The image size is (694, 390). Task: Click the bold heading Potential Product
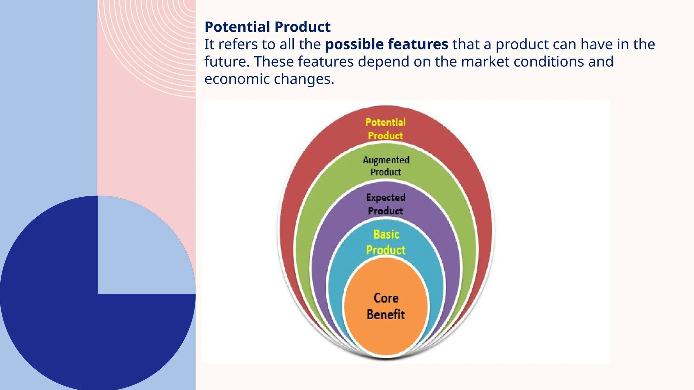[267, 27]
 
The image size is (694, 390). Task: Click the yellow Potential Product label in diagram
[386, 129]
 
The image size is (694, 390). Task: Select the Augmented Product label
[386, 166]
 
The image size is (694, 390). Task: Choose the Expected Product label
[386, 204]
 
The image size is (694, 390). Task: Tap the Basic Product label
[386, 242]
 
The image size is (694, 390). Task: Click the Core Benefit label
[386, 306]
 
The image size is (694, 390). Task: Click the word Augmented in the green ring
[386, 160]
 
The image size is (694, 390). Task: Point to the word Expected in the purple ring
[386, 197]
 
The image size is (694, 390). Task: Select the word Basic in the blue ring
[386, 234]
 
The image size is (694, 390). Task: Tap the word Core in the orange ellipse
[386, 298]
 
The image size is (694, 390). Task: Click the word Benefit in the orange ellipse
[386, 315]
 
